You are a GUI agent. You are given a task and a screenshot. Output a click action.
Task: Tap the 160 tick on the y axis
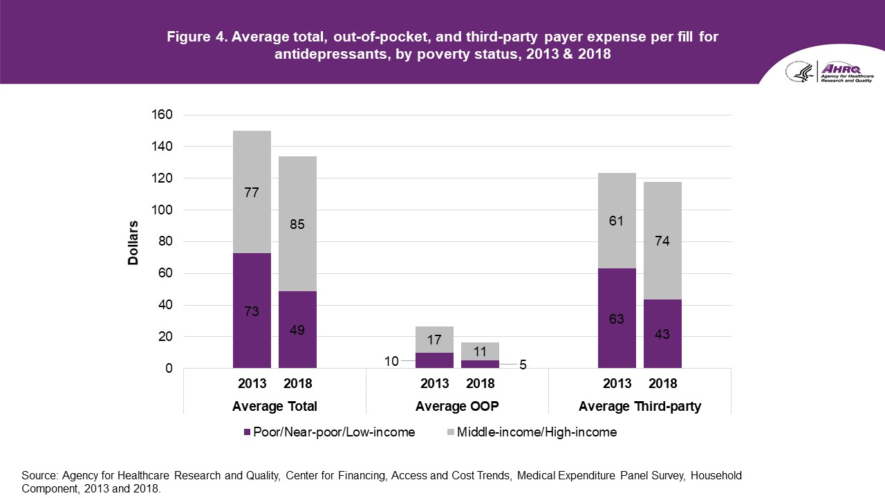(162, 115)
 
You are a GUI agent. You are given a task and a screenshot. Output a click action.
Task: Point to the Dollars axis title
(133, 242)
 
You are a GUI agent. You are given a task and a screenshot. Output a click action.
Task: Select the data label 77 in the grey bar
(252, 192)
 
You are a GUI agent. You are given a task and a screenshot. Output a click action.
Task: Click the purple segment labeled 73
(252, 311)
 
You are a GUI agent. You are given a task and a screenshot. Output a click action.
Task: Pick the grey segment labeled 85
(297, 224)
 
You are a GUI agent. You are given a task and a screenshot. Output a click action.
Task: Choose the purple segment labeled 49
(297, 330)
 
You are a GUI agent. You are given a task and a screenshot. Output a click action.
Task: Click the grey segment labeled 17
(434, 340)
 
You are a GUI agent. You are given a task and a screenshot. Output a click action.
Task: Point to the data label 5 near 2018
(523, 365)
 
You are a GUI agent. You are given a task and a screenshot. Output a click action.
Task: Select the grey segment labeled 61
(617, 221)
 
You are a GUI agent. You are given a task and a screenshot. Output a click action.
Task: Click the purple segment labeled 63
(617, 318)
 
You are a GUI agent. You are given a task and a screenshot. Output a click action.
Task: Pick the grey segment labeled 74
(662, 241)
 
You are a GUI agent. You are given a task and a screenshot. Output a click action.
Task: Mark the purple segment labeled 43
(662, 334)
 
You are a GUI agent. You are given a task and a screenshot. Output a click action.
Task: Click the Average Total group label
(274, 406)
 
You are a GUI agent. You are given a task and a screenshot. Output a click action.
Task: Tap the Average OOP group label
(457, 406)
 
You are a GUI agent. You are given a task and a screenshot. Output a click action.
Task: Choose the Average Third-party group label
(640, 406)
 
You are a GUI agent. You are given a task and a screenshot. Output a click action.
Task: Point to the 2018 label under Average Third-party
(662, 383)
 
